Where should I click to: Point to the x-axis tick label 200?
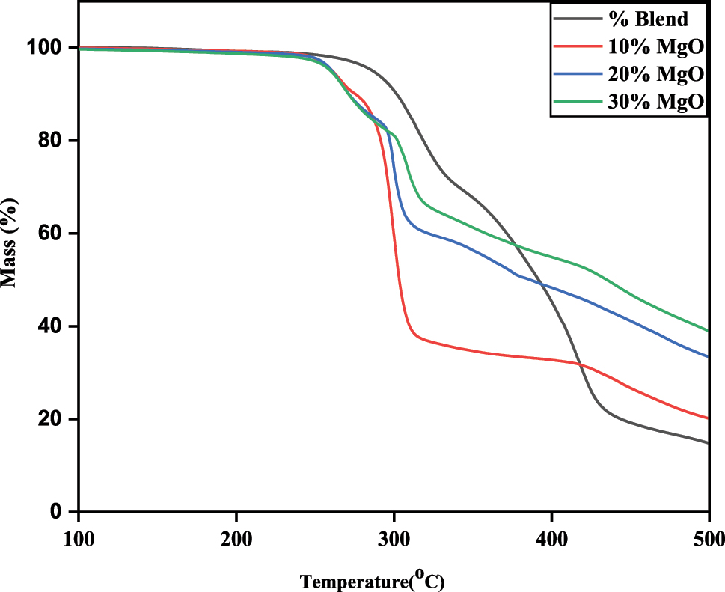coord(236,537)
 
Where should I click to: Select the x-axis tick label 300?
coord(394,537)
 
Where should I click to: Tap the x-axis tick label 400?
coord(551,537)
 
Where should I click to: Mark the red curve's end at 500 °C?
coord(707,418)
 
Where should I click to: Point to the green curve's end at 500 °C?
coord(707,330)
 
